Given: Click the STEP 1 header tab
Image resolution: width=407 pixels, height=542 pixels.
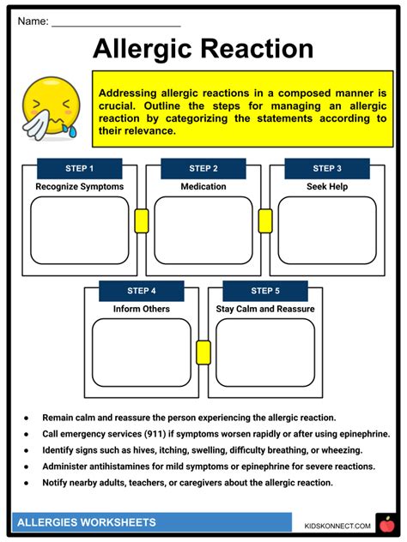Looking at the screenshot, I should coord(79,168).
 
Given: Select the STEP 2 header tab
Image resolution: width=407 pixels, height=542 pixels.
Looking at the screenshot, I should coord(203,168).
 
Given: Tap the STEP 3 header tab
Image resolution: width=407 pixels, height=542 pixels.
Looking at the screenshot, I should coord(326,168).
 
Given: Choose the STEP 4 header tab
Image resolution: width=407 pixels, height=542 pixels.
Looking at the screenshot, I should coord(141,291).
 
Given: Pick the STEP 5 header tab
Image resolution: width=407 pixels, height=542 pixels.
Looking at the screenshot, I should coord(264,291).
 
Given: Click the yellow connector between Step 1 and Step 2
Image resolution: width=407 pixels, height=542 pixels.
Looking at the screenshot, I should coord(141,221).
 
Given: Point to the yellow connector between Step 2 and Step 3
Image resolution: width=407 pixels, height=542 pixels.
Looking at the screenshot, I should coord(264,221).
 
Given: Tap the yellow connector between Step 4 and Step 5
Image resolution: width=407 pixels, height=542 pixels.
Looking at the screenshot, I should coord(203,351).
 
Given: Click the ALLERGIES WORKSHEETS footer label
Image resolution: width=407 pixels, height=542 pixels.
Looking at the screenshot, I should coord(86,522).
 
